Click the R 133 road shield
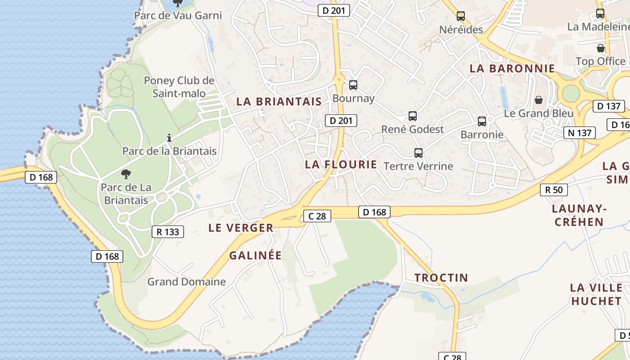(x=168, y=232)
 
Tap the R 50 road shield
(x=554, y=190)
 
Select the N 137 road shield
(x=580, y=133)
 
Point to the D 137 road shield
(x=609, y=107)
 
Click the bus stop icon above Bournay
(x=353, y=85)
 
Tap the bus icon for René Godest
(x=413, y=116)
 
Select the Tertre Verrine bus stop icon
(x=418, y=153)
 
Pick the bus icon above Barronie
(x=482, y=121)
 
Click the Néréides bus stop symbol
(x=461, y=16)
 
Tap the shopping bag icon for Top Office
(x=601, y=48)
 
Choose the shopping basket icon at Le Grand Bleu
(x=539, y=100)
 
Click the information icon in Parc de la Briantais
(x=169, y=138)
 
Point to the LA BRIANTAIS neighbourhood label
(x=279, y=102)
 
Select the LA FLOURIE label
(x=341, y=165)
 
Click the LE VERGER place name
(x=241, y=228)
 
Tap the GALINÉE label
(x=256, y=256)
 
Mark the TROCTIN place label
(x=441, y=278)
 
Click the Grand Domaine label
(x=187, y=282)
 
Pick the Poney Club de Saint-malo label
(x=179, y=87)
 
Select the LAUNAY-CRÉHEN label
(x=579, y=215)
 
